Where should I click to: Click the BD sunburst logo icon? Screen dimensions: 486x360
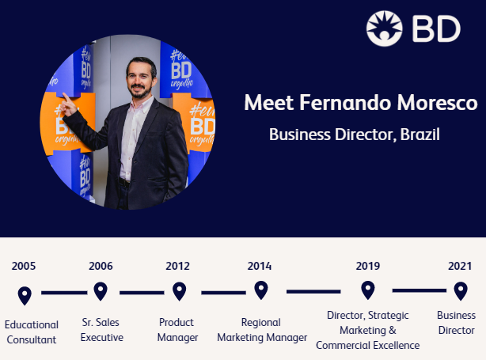pyautogui.click(x=385, y=28)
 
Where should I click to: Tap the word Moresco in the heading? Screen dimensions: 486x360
pyautogui.click(x=438, y=103)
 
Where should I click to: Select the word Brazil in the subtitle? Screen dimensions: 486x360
pyautogui.click(x=420, y=135)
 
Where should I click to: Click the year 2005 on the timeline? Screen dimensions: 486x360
pyautogui.click(x=24, y=266)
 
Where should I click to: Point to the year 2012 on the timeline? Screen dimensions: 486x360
pyautogui.click(x=177, y=266)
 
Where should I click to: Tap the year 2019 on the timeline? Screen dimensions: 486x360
pyautogui.click(x=368, y=266)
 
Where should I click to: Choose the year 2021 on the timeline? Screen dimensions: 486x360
pyautogui.click(x=460, y=266)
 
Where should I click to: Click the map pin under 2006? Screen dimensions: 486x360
pyautogui.click(x=101, y=291)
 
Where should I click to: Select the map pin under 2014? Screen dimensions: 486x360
pyautogui.click(x=261, y=290)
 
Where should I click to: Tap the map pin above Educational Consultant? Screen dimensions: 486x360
pyautogui.click(x=25, y=296)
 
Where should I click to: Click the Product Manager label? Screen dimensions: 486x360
pyautogui.click(x=177, y=330)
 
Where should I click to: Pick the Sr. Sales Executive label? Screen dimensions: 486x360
pyautogui.click(x=101, y=330)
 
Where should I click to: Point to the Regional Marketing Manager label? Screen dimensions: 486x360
pyautogui.click(x=262, y=330)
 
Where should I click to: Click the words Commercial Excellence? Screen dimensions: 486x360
pyautogui.click(x=368, y=345)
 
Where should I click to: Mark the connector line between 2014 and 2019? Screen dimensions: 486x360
pyautogui.click(x=313, y=291)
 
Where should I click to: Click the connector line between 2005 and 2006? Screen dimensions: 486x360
pyautogui.click(x=64, y=293)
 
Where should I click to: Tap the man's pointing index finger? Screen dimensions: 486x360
pyautogui.click(x=66, y=97)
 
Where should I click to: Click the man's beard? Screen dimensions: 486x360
pyautogui.click(x=140, y=93)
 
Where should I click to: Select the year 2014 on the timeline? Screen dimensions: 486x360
pyautogui.click(x=260, y=266)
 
